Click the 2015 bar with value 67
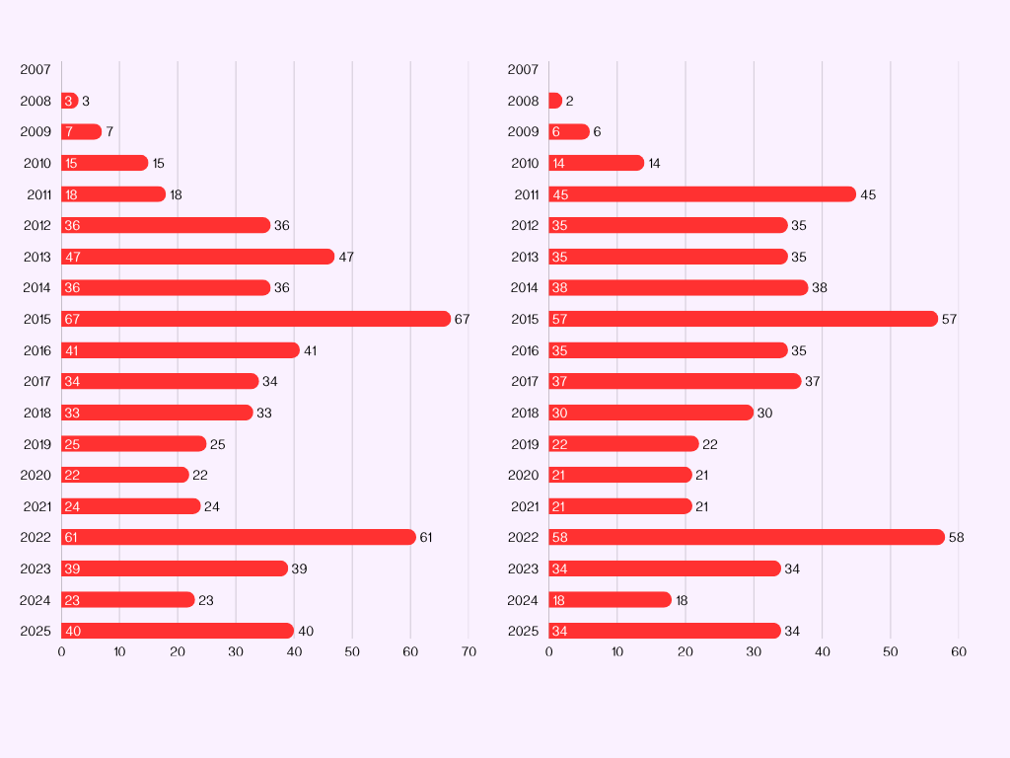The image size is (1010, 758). point(256,319)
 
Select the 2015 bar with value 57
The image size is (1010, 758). point(744,319)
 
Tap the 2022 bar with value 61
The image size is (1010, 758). point(239,537)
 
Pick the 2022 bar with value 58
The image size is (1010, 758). point(747,537)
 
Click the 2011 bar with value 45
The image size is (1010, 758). point(702,194)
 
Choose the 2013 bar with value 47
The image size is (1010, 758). point(197,257)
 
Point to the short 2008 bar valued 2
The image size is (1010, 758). point(555,101)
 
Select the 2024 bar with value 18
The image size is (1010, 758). point(610,600)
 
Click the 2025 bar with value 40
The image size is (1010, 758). point(178,631)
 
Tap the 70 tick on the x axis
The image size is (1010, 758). point(469,651)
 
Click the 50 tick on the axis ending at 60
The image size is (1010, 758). point(891,651)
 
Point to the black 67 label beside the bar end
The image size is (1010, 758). point(463,319)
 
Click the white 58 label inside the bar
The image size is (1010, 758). point(560,537)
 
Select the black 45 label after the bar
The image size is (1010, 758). point(868,194)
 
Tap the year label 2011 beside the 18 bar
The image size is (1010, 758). point(39,194)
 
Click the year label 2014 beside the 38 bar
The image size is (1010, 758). point(524,288)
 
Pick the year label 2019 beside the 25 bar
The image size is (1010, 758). point(36,444)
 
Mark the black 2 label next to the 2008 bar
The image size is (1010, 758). point(570,101)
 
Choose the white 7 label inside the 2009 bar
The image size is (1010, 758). point(69,132)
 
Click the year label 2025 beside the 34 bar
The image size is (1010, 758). point(524,631)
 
